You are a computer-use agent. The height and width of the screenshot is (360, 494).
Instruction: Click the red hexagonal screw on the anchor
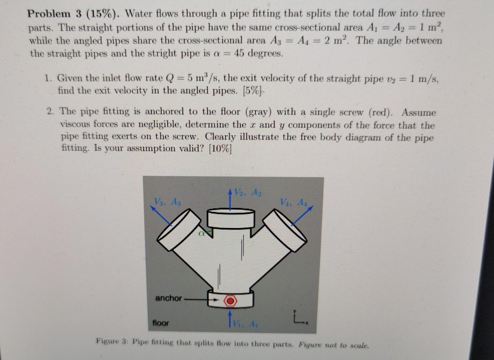tap(230, 301)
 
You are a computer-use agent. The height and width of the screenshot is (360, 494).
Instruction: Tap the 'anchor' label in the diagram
tap(168, 298)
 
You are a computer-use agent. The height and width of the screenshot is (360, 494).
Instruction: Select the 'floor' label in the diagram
tap(161, 323)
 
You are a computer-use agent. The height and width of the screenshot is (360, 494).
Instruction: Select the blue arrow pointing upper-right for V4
tap(302, 215)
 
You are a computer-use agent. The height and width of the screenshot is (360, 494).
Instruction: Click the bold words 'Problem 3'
tap(54, 14)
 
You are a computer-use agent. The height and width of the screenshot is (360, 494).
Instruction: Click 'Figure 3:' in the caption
tap(112, 342)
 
